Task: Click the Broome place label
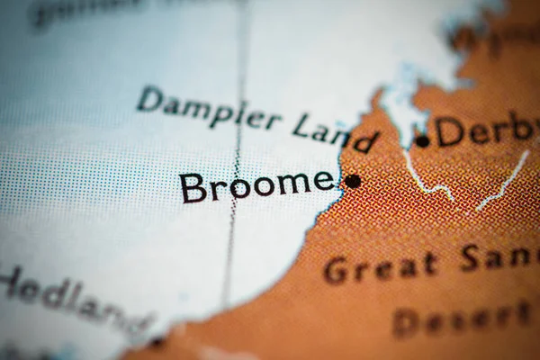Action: pos(257,185)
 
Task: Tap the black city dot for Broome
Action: pos(353,181)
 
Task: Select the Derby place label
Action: pos(486,131)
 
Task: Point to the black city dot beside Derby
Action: pos(422,141)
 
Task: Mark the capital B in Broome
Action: pos(193,187)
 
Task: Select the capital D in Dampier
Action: pos(149,98)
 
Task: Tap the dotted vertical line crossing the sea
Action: pos(237,162)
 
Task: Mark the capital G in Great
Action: pos(336,270)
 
